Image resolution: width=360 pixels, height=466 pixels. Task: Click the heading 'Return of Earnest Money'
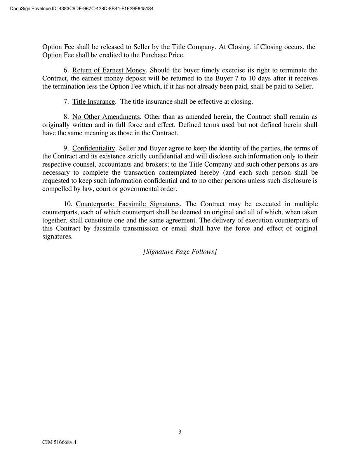pos(109,70)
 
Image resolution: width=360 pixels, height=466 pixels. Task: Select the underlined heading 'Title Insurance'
pos(94,102)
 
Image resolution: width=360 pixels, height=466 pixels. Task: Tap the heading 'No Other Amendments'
pos(106,117)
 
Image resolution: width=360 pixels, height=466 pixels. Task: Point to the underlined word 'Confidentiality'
pos(94,148)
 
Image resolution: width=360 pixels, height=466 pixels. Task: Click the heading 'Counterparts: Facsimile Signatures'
pos(128,204)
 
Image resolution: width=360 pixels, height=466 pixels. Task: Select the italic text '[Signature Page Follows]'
pos(180,252)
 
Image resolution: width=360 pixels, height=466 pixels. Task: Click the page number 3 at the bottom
pos(180,432)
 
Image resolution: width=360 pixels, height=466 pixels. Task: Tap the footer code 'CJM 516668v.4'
pos(59,442)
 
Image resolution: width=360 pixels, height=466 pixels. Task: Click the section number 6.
pos(65,70)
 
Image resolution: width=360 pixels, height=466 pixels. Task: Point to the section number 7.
pos(65,102)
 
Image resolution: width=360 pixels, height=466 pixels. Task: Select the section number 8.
pos(65,117)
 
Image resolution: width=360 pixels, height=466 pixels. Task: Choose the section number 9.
pos(65,148)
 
